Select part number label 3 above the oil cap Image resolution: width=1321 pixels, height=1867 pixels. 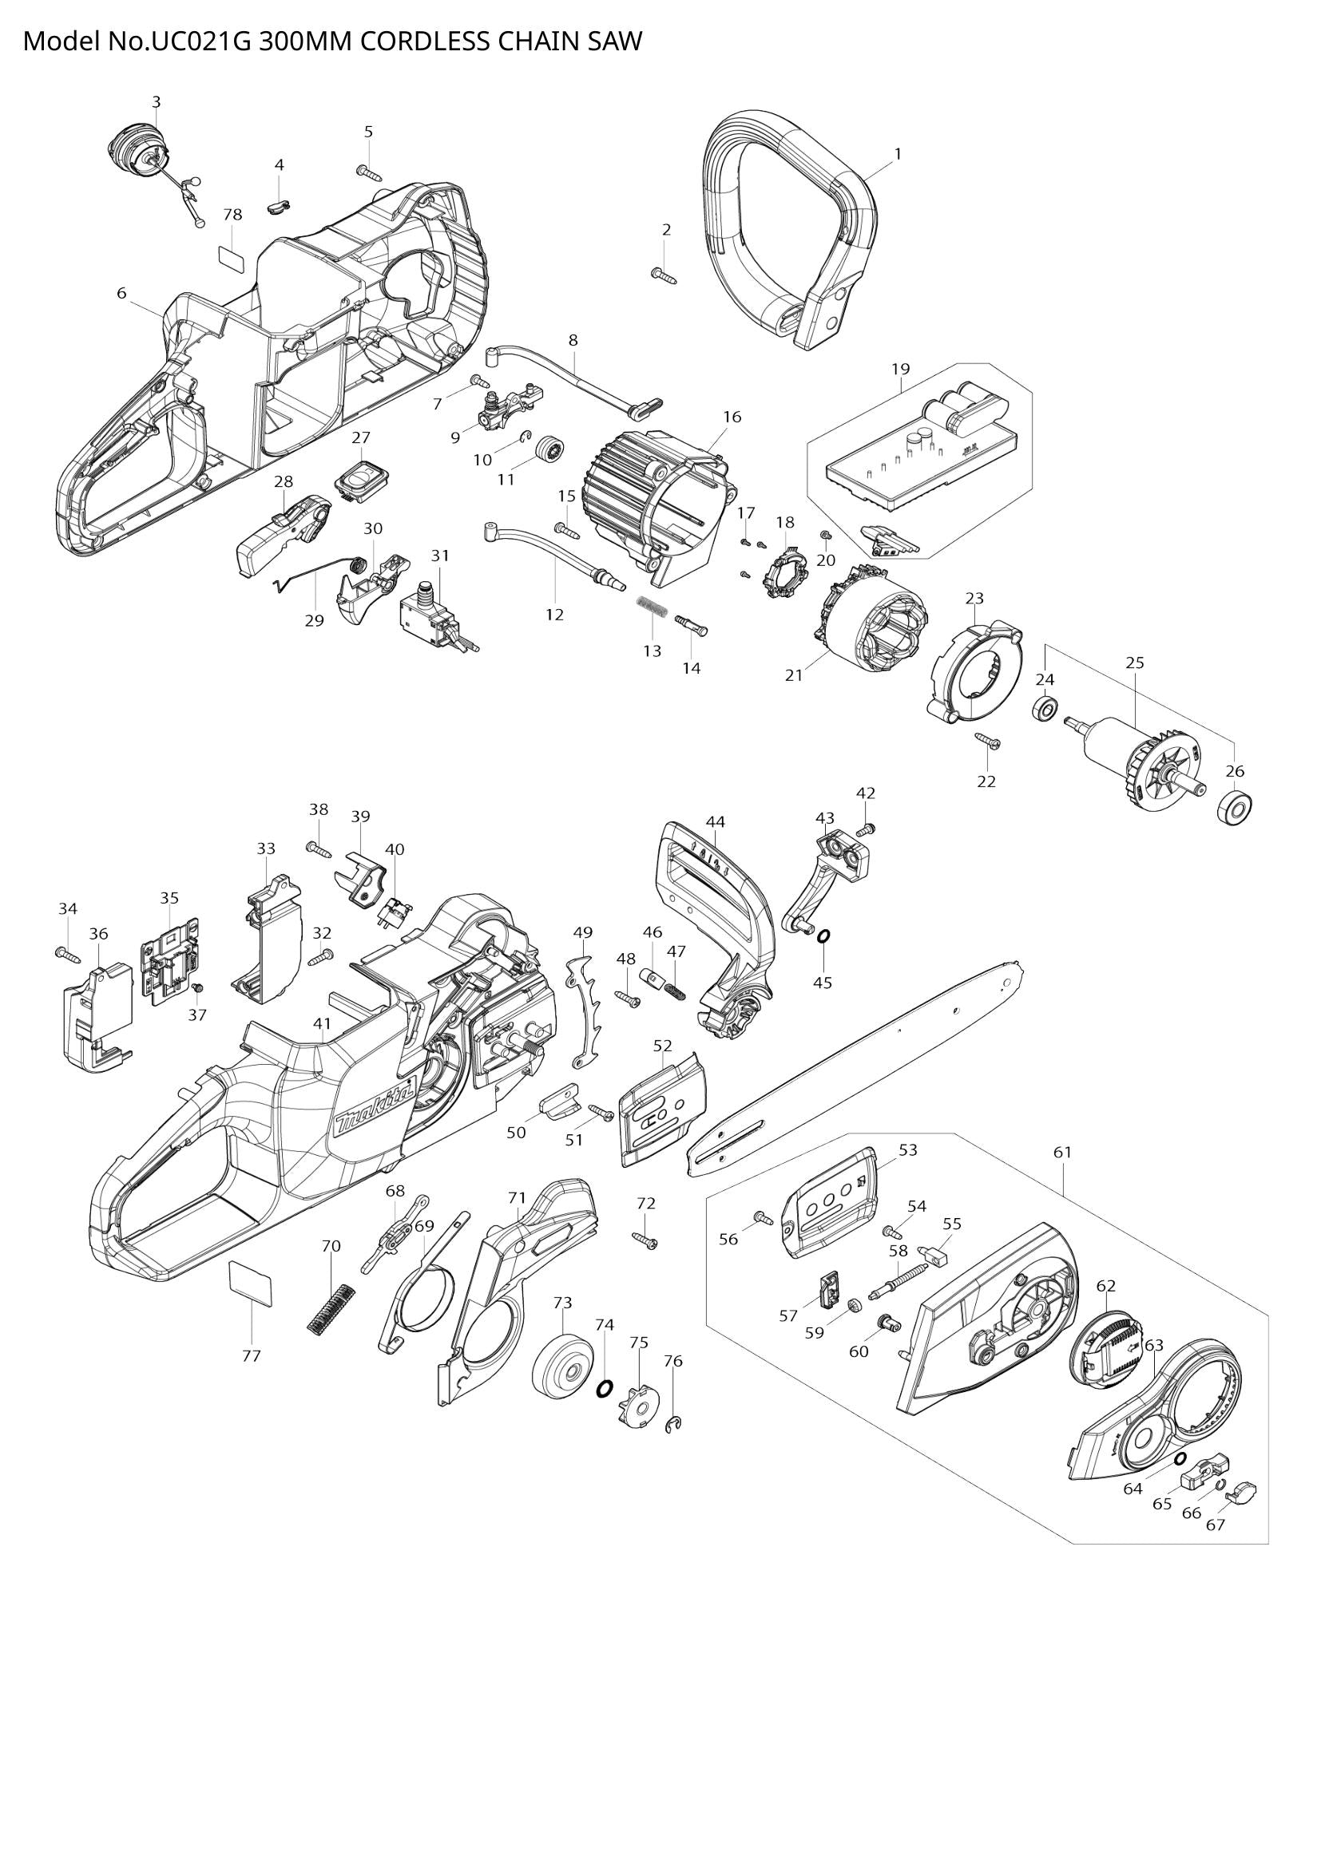[x=156, y=102]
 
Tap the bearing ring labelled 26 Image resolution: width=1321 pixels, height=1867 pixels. [x=1234, y=808]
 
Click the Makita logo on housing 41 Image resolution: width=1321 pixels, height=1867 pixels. [x=377, y=1105]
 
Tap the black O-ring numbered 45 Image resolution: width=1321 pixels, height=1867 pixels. [x=823, y=937]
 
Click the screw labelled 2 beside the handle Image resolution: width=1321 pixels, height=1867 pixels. [x=664, y=275]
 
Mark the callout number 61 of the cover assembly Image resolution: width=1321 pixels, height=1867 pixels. [x=1061, y=1153]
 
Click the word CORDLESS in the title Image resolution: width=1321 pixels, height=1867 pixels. [x=414, y=41]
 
